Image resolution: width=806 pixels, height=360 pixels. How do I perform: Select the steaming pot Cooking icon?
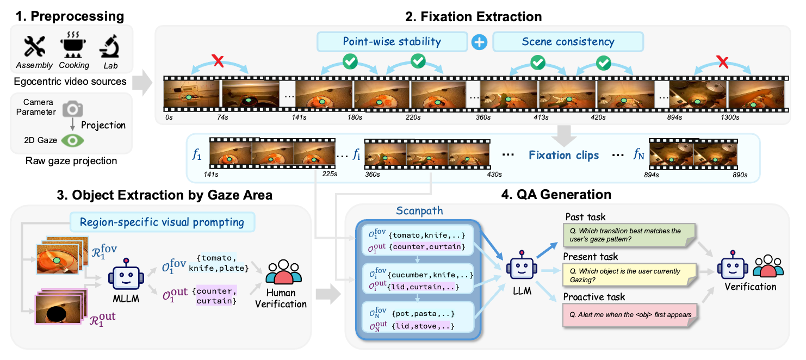(74, 46)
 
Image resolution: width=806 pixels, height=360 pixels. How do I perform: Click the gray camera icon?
(72, 109)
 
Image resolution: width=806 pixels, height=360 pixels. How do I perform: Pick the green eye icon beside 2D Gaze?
(72, 140)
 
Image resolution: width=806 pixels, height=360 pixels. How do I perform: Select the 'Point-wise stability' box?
(392, 41)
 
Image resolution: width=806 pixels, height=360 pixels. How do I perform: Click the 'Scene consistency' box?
(567, 41)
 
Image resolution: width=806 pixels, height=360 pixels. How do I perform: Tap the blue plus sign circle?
(479, 42)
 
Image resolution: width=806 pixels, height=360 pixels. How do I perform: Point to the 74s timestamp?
(221, 116)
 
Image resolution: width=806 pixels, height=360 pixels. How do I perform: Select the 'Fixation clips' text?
(563, 155)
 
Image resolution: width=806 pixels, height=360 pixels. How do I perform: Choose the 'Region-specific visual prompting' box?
(162, 221)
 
